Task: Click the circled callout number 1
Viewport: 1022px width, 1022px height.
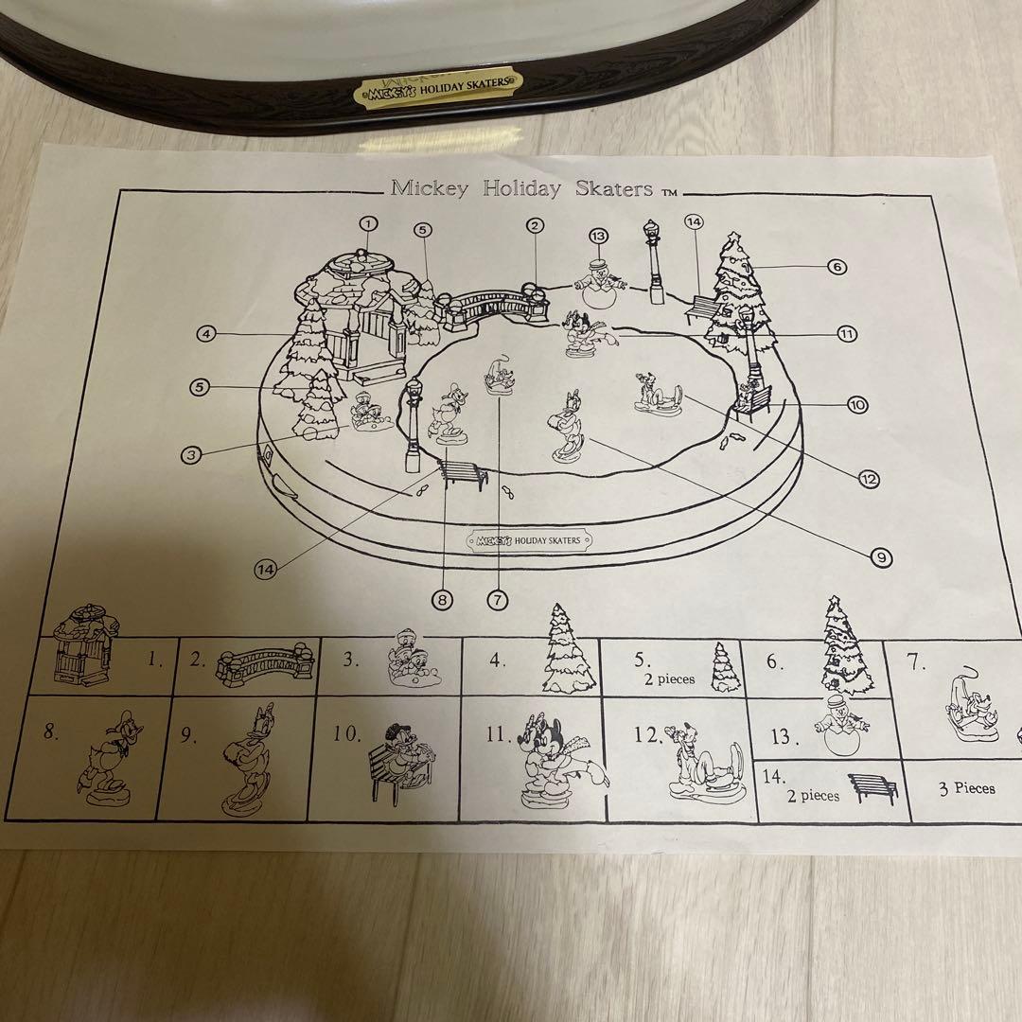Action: pos(368,223)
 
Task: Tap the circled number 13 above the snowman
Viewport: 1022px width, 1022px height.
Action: pos(598,236)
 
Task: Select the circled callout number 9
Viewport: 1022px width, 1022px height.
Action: pos(881,557)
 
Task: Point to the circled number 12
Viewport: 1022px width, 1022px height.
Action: pos(869,480)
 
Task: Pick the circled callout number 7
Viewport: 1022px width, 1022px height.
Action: pos(498,600)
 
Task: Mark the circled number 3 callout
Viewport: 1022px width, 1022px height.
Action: pos(190,454)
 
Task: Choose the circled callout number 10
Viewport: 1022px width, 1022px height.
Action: pos(857,405)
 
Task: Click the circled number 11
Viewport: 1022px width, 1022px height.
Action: pos(846,334)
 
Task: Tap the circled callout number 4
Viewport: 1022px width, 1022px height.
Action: pos(206,334)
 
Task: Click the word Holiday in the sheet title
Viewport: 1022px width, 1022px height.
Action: pos(521,189)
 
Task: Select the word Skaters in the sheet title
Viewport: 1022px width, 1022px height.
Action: pos(613,189)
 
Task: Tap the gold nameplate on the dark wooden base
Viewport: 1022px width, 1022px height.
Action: pos(438,87)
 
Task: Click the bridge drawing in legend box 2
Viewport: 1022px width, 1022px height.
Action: pos(265,664)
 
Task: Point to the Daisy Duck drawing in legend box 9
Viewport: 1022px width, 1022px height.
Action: pos(246,758)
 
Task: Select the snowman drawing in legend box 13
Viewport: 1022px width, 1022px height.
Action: pos(841,725)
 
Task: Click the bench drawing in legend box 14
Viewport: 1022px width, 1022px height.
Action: pos(872,787)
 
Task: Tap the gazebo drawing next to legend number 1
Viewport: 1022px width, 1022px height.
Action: pos(84,644)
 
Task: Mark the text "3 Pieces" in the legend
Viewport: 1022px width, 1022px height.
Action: pos(966,788)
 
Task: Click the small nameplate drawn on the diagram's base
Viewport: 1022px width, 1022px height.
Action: pos(529,540)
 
